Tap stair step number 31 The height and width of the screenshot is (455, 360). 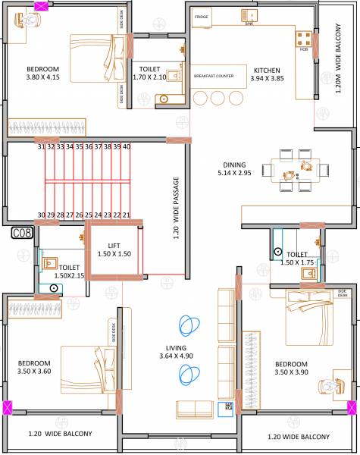42,146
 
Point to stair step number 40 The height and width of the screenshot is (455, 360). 126,146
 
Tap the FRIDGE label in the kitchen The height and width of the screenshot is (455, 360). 201,16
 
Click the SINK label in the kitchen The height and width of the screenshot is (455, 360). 249,24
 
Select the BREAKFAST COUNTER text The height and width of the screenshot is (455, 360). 213,76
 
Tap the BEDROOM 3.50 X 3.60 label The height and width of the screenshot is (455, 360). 36,367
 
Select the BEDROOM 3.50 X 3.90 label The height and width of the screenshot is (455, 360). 292,369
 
